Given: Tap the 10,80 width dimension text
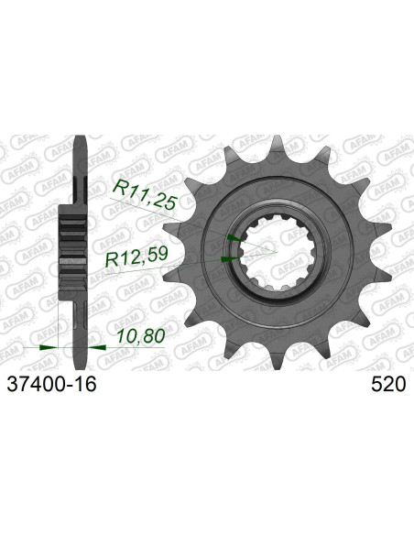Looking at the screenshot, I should pos(142,336).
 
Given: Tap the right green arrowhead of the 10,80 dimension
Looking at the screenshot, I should pos(94,348).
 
